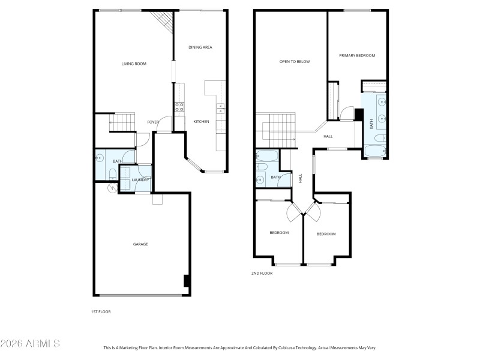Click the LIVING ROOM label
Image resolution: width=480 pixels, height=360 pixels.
click(x=134, y=64)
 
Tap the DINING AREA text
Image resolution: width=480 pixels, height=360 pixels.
click(x=200, y=47)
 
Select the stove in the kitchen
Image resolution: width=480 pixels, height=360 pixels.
click(x=179, y=107)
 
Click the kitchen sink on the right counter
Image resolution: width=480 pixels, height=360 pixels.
click(x=220, y=109)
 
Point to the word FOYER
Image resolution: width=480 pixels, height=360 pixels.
click(x=153, y=122)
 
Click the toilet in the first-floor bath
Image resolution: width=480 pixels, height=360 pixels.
click(x=113, y=175)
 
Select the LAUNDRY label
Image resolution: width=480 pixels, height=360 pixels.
click(x=140, y=180)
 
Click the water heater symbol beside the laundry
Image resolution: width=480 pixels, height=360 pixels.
click(x=112, y=188)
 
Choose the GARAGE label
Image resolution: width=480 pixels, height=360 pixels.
click(x=140, y=244)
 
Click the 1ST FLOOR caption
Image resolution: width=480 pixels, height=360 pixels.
click(x=101, y=312)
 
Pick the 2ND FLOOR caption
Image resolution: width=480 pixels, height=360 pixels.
click(x=262, y=273)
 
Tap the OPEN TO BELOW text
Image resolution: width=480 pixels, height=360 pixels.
click(x=295, y=61)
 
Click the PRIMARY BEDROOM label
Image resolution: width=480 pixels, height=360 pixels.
click(x=357, y=56)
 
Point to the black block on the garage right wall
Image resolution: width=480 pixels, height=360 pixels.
click(x=187, y=281)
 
